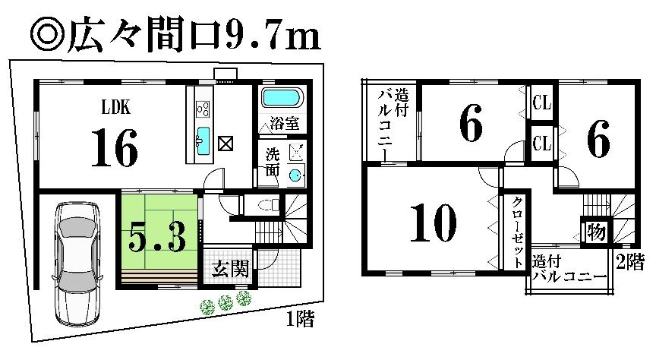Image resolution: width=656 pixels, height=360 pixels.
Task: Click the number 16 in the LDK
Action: click(x=115, y=147)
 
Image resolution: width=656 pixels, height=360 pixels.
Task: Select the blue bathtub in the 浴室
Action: click(x=282, y=99)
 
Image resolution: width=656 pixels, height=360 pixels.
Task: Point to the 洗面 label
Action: click(x=273, y=161)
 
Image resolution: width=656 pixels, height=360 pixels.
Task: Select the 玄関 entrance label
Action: click(x=227, y=270)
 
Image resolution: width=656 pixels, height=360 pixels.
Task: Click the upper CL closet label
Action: click(x=541, y=103)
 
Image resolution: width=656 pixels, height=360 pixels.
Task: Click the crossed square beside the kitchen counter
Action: click(x=225, y=143)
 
